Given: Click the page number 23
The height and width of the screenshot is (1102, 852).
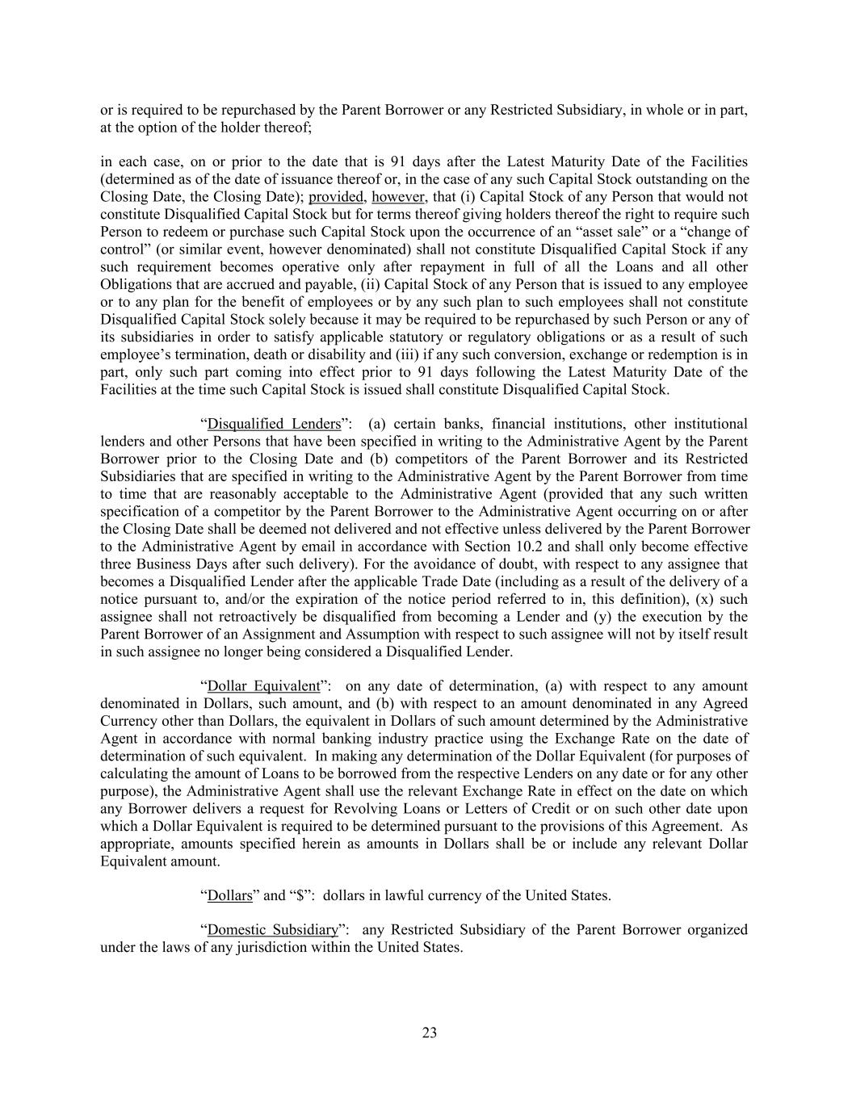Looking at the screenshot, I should pos(429,1033).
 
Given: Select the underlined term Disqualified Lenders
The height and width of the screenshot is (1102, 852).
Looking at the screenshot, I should pos(274,424).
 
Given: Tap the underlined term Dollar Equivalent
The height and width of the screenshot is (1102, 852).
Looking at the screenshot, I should pos(263,686).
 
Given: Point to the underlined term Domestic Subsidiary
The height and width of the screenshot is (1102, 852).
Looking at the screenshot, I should pos(271,929).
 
